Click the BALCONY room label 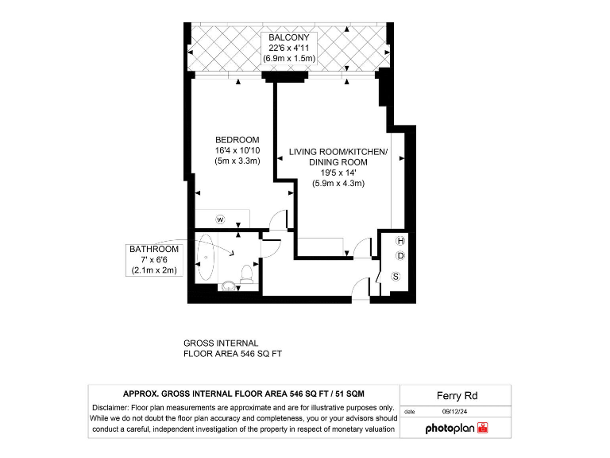(291, 37)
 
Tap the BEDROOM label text (237, 140)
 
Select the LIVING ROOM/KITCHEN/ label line (338, 152)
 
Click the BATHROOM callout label (156, 249)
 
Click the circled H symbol (400, 241)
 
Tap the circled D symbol (400, 256)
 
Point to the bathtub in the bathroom (208, 256)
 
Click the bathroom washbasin (229, 286)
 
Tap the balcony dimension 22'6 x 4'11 (291, 49)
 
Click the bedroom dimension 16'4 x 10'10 (237, 150)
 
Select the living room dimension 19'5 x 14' (338, 173)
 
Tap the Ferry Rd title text (456, 395)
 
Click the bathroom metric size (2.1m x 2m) (156, 270)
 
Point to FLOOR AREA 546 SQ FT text (233, 354)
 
